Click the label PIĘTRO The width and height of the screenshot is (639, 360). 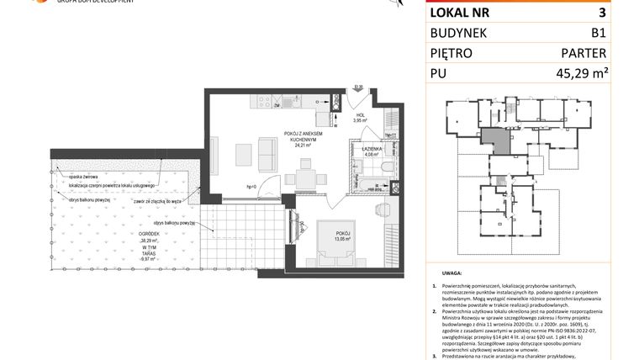pos(452,53)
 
